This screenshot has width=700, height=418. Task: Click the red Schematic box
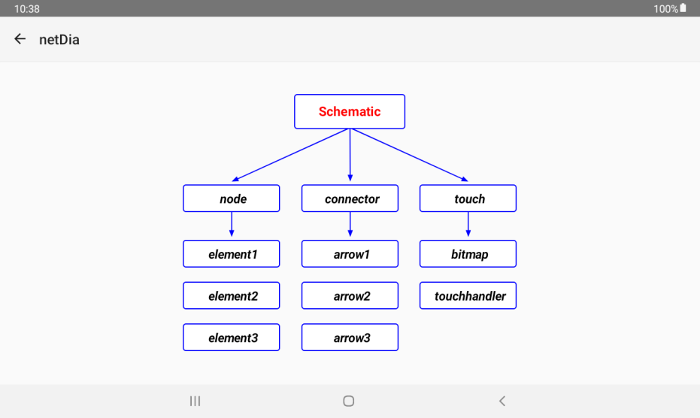pos(350,112)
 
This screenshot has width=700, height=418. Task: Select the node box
pos(232,198)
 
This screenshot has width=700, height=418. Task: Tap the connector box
pos(350,198)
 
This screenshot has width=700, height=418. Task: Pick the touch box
pos(468,198)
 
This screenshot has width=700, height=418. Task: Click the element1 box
pos(232,253)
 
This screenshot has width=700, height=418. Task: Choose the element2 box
pos(232,295)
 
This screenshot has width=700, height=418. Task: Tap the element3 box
pos(232,337)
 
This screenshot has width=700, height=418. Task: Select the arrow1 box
pos(350,253)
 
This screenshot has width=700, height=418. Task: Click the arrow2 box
pos(350,295)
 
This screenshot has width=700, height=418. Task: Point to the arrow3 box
pos(350,337)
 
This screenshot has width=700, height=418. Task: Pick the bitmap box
pos(468,253)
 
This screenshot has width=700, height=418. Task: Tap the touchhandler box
pos(468,295)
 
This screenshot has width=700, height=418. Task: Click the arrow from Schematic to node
pos(290,155)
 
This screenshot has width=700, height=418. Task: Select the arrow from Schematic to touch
pos(409,155)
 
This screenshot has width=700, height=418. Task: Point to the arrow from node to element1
pos(232,224)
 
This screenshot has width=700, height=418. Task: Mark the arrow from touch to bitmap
pos(468,224)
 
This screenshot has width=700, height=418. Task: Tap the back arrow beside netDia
pos(20,39)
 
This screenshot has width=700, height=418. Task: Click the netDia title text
pos(59,40)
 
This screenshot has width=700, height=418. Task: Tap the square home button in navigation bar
pos(349,401)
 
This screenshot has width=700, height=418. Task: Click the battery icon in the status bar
pos(683,8)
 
